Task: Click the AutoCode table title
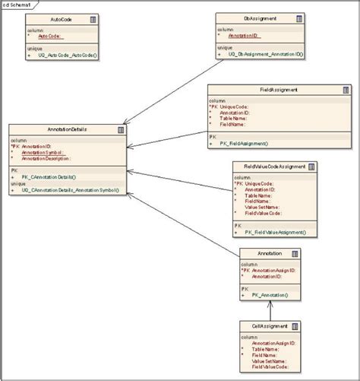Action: click(x=62, y=17)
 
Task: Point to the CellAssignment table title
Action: click(x=270, y=325)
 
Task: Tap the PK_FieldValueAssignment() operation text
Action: click(x=274, y=232)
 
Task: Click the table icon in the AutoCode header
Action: click(x=93, y=17)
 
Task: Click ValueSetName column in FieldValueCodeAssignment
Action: click(x=262, y=207)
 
